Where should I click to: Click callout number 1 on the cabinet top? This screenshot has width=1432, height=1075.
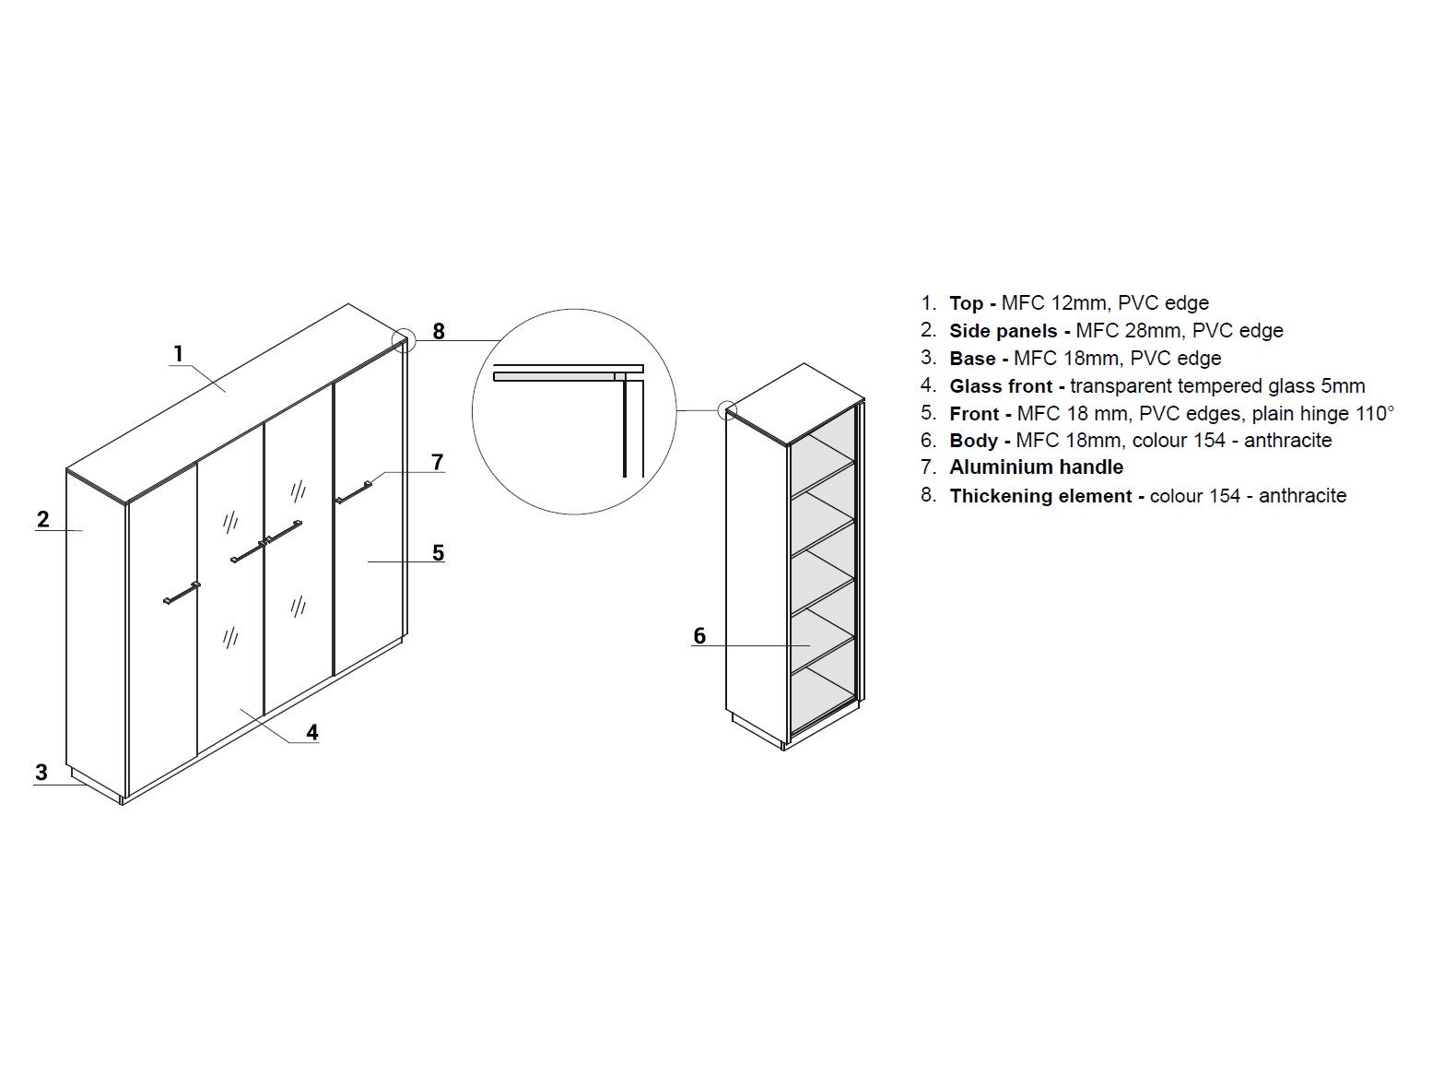pyautogui.click(x=179, y=353)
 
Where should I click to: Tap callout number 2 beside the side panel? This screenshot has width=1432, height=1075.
pyautogui.click(x=43, y=519)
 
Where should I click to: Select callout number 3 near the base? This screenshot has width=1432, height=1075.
pyautogui.click(x=41, y=772)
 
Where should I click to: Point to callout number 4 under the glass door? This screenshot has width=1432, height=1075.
pyautogui.click(x=312, y=732)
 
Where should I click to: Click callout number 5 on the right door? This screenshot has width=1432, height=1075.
pyautogui.click(x=438, y=552)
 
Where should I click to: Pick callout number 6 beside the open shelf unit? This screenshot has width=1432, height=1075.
pyautogui.click(x=699, y=635)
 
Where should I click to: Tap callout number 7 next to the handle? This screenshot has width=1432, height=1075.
pyautogui.click(x=438, y=462)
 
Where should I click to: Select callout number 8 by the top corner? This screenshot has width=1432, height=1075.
pyautogui.click(x=439, y=331)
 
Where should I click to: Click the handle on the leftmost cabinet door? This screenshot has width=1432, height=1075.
pyautogui.click(x=182, y=593)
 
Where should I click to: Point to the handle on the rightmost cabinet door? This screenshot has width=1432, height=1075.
pyautogui.click(x=354, y=492)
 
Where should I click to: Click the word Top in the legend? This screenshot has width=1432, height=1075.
pyautogui.click(x=966, y=303)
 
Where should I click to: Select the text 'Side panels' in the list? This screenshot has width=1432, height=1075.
pyautogui.click(x=1003, y=331)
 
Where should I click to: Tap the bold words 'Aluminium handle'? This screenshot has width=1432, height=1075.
pyautogui.click(x=1036, y=467)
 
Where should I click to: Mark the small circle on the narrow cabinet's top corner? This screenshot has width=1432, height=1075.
pyautogui.click(x=727, y=409)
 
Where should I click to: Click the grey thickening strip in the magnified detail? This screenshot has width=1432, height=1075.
pyautogui.click(x=554, y=376)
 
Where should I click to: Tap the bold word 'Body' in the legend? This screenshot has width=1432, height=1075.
pyautogui.click(x=973, y=441)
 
